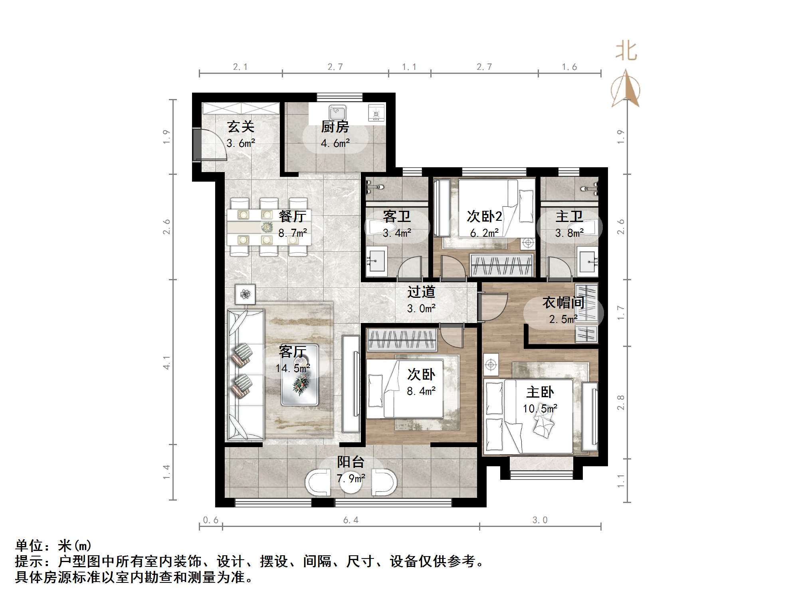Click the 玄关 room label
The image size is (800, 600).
[x=241, y=127]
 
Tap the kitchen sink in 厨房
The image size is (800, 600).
[x=338, y=112]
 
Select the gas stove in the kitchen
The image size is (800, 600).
[x=376, y=112]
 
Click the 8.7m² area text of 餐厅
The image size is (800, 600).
[x=293, y=233]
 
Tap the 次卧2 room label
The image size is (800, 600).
[x=484, y=216]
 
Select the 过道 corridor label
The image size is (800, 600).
[x=421, y=292]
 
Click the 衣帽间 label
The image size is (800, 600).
[x=563, y=303]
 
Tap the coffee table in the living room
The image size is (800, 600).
[x=300, y=375]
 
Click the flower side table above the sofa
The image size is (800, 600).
[x=245, y=294]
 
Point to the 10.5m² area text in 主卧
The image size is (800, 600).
[x=540, y=408]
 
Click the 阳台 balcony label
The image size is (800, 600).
[x=350, y=462]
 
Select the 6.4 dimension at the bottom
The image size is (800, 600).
[x=350, y=520]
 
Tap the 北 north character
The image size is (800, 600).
[x=626, y=51]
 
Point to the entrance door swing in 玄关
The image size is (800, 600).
[x=212, y=146]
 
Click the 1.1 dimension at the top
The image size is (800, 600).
[x=409, y=67]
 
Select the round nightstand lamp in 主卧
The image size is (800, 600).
[x=491, y=365]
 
